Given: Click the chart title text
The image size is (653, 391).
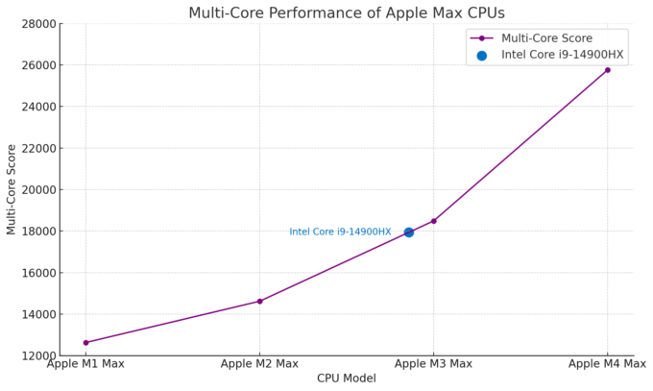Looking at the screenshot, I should click(346, 13).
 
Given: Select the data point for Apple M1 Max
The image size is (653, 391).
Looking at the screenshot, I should click(85, 342).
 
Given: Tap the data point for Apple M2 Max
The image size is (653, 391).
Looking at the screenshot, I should click(259, 301).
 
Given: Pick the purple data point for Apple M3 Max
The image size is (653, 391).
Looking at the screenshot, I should click(433, 221).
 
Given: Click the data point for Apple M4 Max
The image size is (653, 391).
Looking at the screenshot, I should click(607, 70).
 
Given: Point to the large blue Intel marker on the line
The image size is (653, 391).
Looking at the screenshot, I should click(409, 232).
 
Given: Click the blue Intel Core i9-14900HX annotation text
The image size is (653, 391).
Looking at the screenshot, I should click(340, 232).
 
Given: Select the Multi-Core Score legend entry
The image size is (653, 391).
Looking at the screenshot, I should click(546, 38).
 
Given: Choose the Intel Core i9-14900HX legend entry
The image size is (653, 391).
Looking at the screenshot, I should click(562, 55).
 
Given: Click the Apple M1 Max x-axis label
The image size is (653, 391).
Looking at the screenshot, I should click(85, 364).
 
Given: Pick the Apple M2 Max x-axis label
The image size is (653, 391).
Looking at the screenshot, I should click(259, 364).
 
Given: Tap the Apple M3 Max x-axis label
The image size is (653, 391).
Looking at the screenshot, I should click(433, 364).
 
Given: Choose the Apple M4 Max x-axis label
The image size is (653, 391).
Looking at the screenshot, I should click(607, 364).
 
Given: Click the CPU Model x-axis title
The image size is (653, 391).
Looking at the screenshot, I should click(346, 379).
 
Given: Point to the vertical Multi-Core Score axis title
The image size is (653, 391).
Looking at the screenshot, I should click(12, 189).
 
